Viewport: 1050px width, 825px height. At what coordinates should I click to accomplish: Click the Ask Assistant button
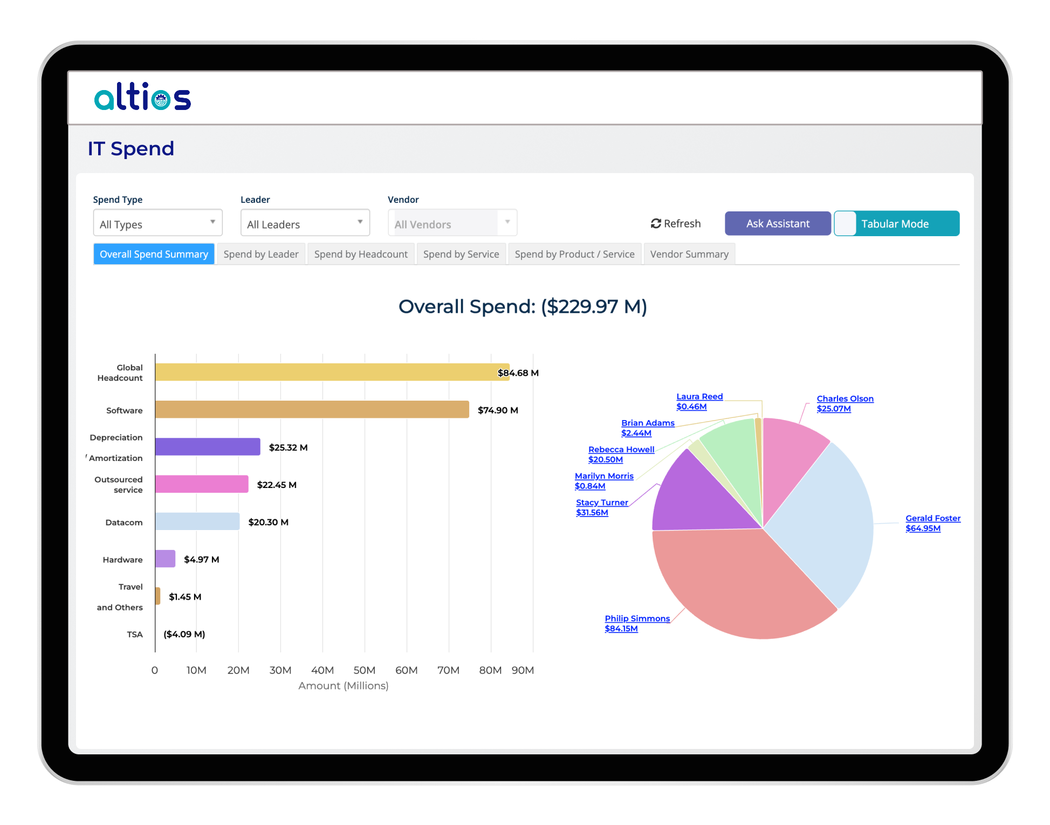pos(777,223)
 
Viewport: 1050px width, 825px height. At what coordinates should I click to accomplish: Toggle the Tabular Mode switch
pos(846,223)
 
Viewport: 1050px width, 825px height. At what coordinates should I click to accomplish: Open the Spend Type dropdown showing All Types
pos(157,223)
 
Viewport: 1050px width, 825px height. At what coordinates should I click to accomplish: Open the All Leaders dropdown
pos(305,223)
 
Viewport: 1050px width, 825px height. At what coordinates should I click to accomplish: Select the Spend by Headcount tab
pos(361,254)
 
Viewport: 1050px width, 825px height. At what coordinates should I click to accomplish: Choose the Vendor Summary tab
pos(689,254)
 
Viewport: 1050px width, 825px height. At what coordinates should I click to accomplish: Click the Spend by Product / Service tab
pos(574,254)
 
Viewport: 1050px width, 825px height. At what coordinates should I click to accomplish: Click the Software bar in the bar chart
pos(312,409)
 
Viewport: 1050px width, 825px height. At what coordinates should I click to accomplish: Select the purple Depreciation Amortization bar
pos(207,446)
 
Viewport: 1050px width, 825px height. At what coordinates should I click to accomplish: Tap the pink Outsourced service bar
pos(201,484)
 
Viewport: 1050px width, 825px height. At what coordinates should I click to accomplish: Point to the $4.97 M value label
pos(201,559)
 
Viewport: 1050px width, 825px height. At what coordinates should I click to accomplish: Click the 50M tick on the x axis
pos(364,670)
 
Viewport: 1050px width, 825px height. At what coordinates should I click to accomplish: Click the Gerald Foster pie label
pos(932,523)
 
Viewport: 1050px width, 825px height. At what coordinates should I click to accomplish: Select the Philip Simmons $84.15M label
pos(637,623)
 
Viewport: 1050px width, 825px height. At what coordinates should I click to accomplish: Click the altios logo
pos(142,98)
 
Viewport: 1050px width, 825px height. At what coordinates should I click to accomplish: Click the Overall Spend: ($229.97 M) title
pos(522,306)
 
